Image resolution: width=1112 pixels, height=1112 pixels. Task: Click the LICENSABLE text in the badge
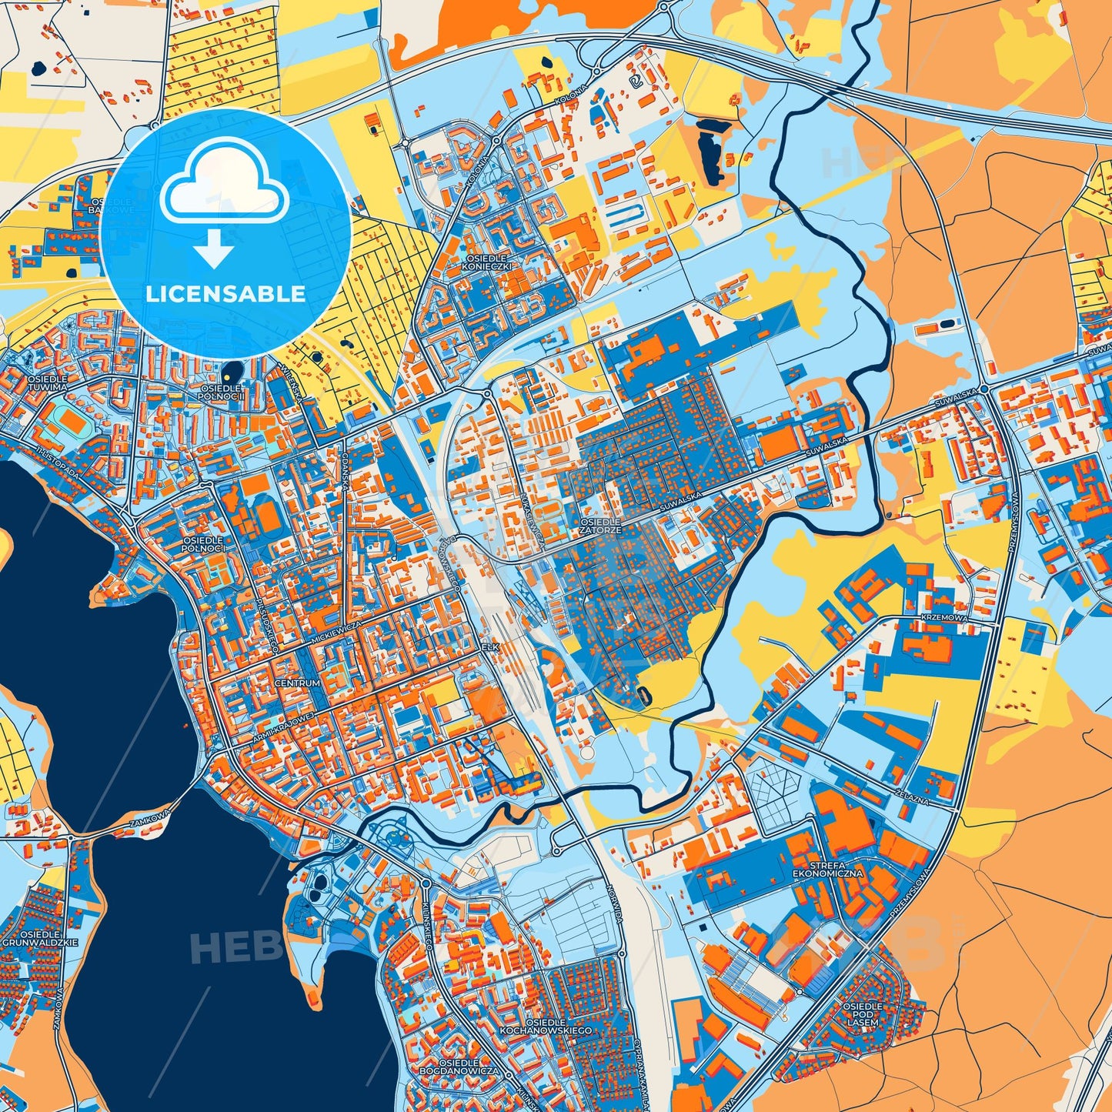click(225, 294)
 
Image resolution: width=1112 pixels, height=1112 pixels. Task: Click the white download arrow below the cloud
click(215, 250)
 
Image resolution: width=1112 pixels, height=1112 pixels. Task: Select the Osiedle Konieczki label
click(487, 262)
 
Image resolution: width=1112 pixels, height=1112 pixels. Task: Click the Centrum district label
click(296, 683)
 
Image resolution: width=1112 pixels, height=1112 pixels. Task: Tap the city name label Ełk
click(490, 648)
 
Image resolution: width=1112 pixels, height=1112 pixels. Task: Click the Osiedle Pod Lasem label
click(862, 1014)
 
